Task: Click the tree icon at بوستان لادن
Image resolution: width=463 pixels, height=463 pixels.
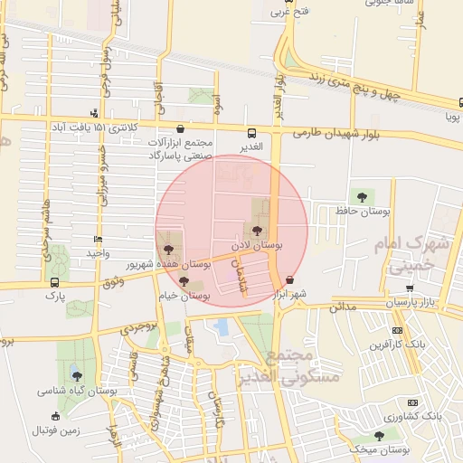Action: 259,231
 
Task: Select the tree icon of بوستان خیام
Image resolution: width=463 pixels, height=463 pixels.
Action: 184,282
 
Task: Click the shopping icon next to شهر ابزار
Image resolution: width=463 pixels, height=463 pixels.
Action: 289,280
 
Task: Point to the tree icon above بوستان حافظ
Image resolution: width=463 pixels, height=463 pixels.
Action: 363,196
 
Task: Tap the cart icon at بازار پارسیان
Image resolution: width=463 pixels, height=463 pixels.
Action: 411,288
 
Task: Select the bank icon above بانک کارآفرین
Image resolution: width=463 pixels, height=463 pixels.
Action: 397,331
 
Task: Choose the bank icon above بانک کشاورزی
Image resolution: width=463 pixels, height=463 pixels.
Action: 413,402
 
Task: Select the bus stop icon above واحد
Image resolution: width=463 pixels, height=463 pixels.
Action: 98,240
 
